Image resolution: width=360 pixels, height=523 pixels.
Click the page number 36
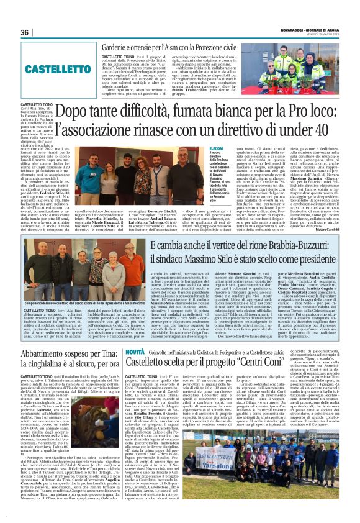[x=25, y=33]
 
